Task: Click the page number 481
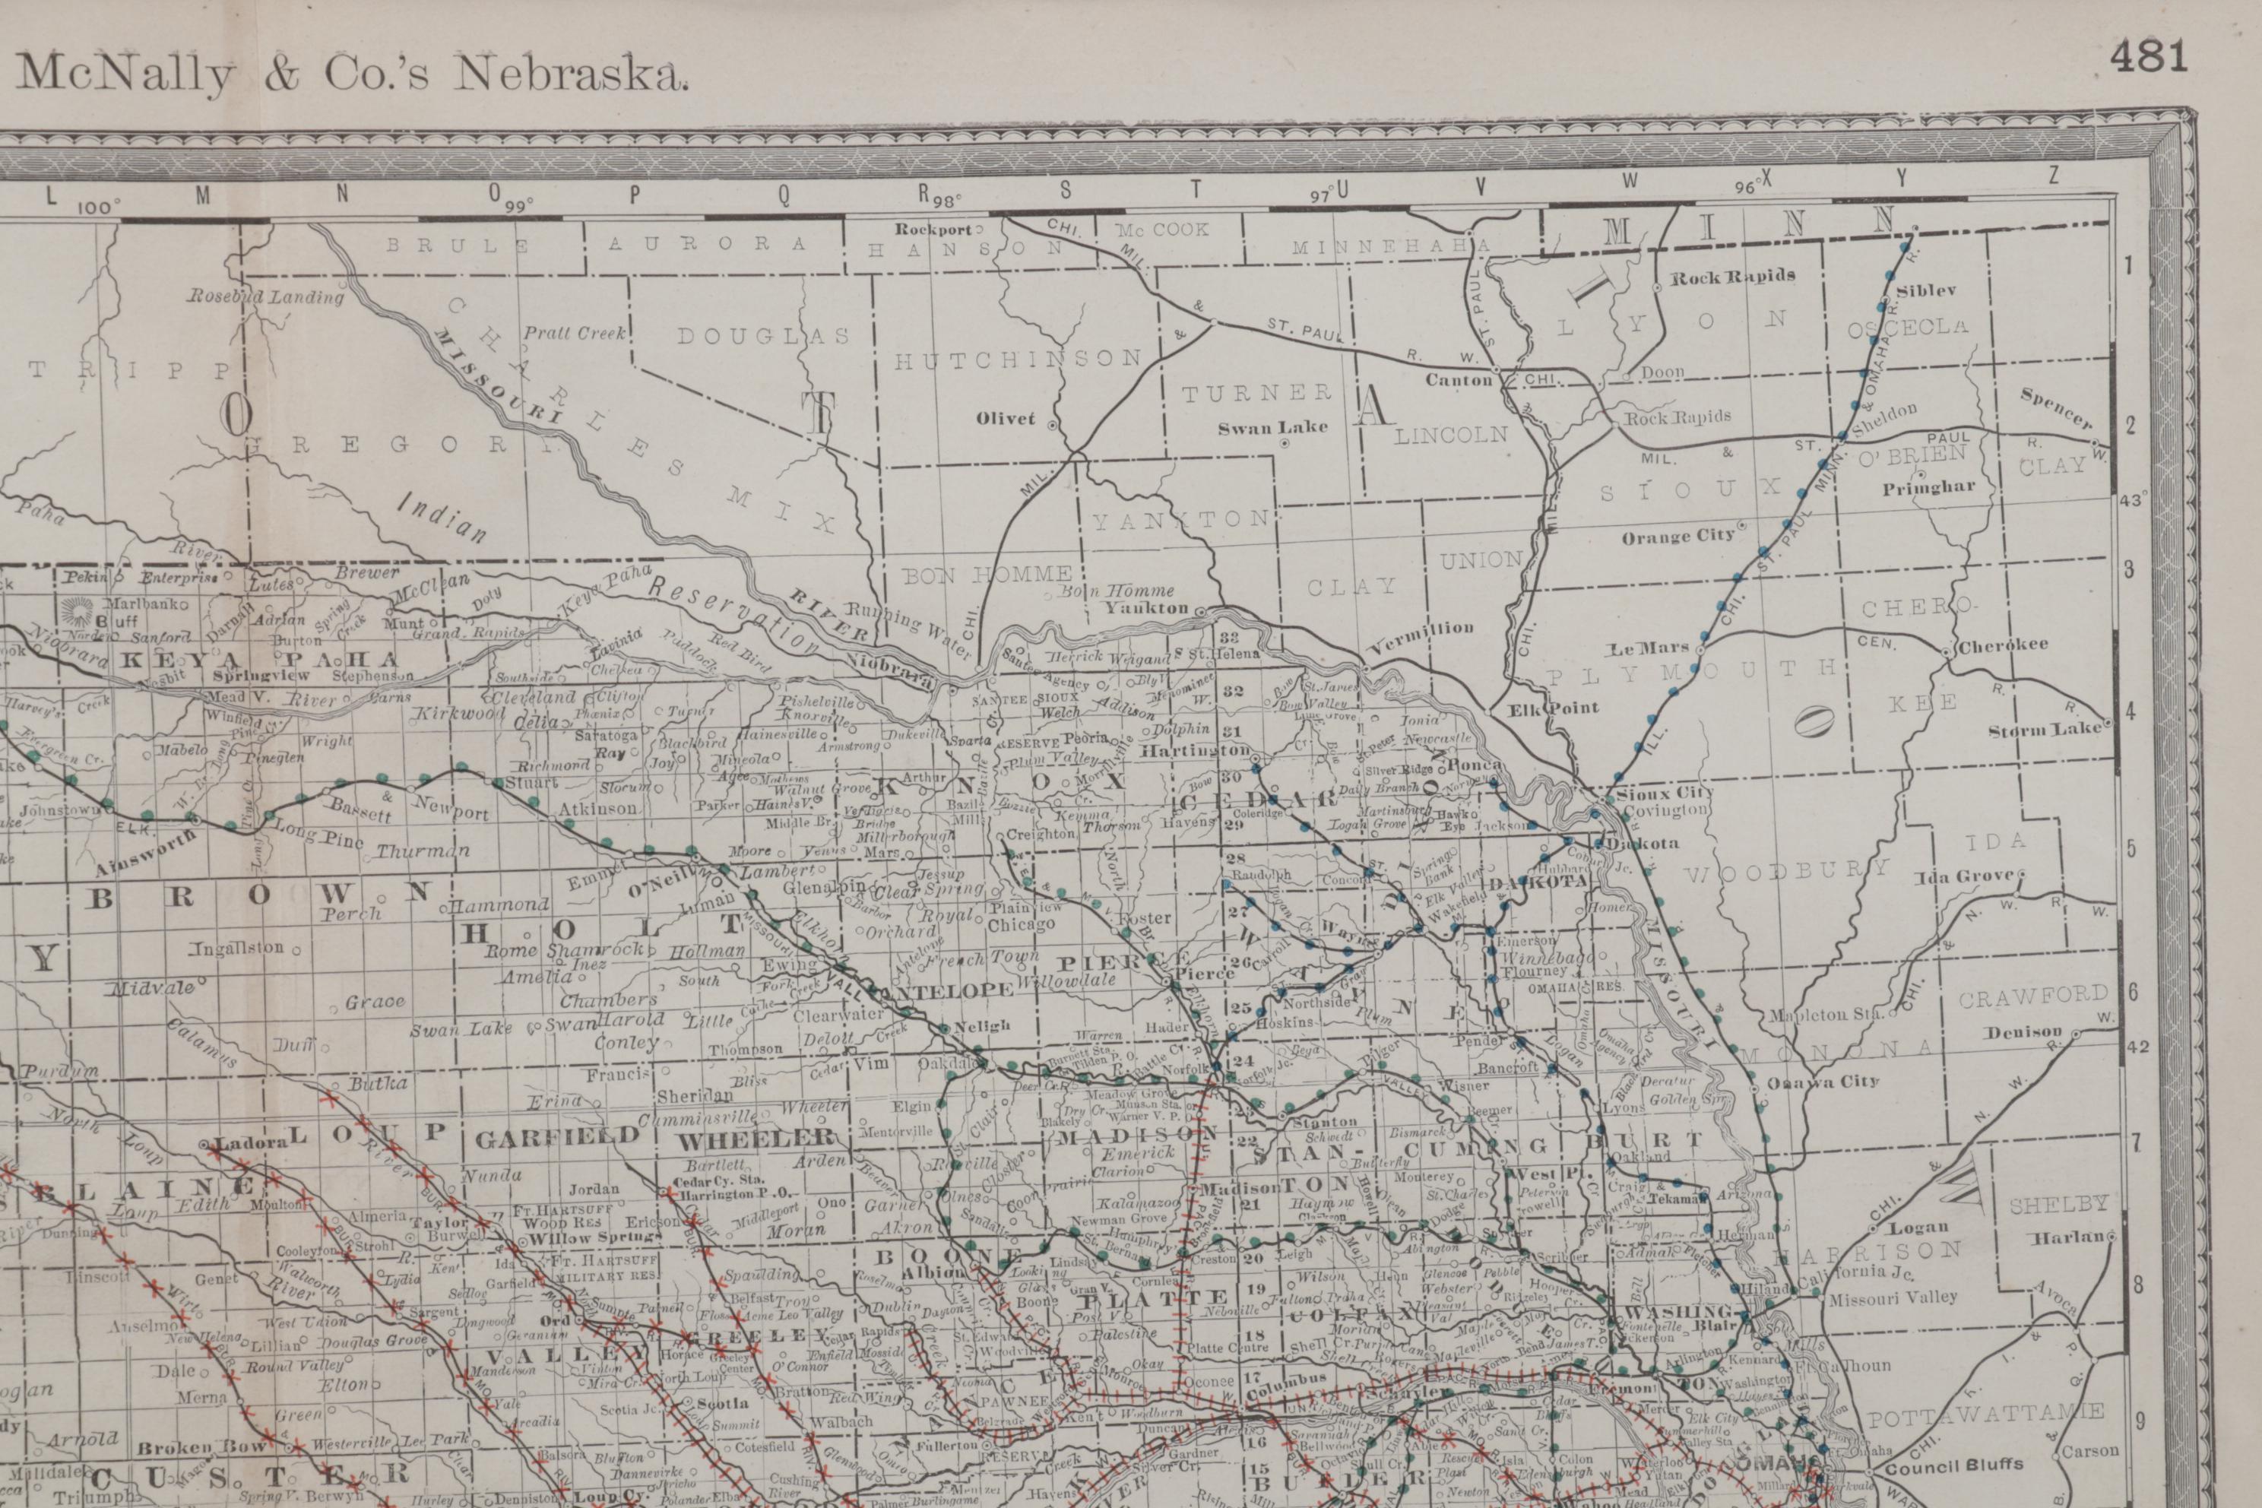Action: (2149, 57)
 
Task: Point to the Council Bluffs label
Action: (1953, 1465)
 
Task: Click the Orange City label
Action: (1677, 537)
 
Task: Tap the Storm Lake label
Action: (2045, 729)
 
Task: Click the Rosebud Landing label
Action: (265, 296)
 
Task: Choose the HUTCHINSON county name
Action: (1019, 360)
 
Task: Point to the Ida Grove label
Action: (1963, 877)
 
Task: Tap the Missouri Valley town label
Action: (1892, 1297)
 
